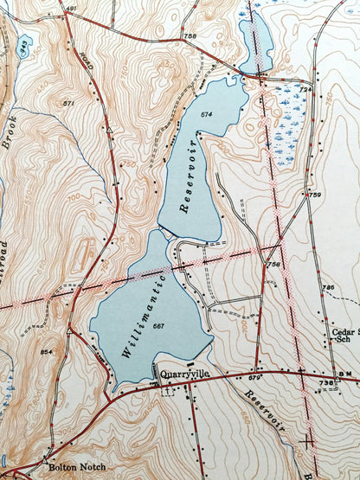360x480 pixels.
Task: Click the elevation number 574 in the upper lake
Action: [205, 114]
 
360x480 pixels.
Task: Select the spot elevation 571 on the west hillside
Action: [68, 103]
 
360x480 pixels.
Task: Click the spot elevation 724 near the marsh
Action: [305, 89]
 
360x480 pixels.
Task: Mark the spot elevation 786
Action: [327, 287]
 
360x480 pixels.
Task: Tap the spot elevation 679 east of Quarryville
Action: [254, 378]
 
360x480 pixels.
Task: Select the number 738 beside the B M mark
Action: [325, 381]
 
